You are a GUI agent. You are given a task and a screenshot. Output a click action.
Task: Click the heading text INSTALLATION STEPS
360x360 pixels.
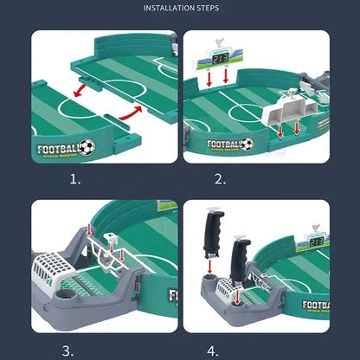(x=180, y=9)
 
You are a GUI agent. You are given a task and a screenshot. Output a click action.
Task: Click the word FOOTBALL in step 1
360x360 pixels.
(x=60, y=148)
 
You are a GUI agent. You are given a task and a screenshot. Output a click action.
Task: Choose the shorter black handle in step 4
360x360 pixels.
(x=240, y=258)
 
